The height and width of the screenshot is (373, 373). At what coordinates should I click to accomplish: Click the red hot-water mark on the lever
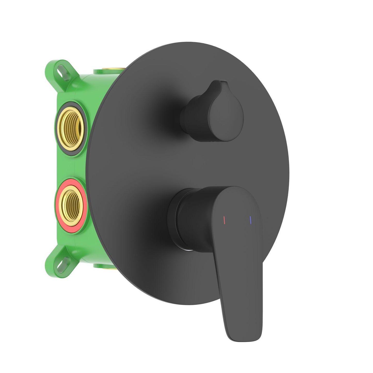coord(224,220)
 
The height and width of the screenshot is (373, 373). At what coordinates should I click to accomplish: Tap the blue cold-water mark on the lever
coord(250,220)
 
